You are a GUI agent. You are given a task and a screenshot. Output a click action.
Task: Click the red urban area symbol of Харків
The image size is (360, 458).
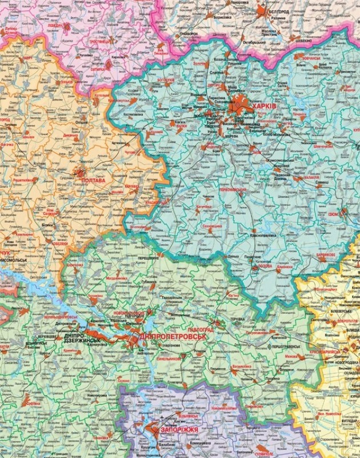click(241, 106)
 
